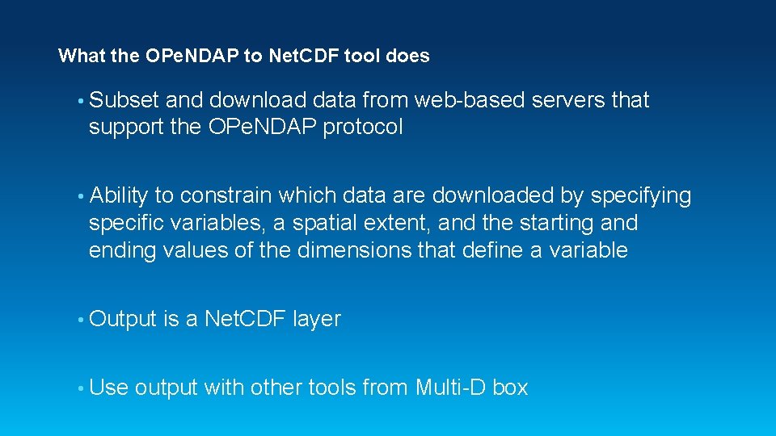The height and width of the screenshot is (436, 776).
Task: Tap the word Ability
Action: pos(119,196)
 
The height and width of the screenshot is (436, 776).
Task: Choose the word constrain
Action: pos(228,196)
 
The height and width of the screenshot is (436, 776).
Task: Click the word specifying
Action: pos(641,196)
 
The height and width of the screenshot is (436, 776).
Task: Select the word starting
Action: pos(550,223)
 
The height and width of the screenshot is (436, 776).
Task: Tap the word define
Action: pos(492,250)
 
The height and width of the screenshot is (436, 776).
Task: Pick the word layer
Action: pos(317,320)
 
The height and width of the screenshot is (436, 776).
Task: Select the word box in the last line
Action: pos(510,388)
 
